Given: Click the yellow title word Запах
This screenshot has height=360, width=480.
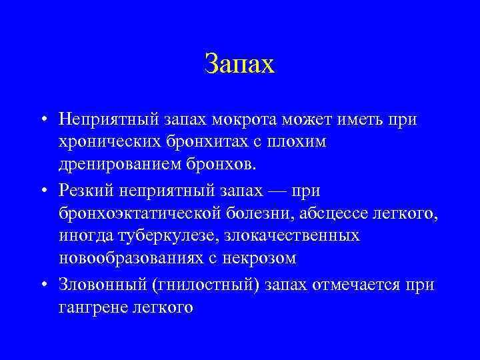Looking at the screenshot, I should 239,65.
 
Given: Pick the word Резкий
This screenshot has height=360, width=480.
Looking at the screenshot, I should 85,191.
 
